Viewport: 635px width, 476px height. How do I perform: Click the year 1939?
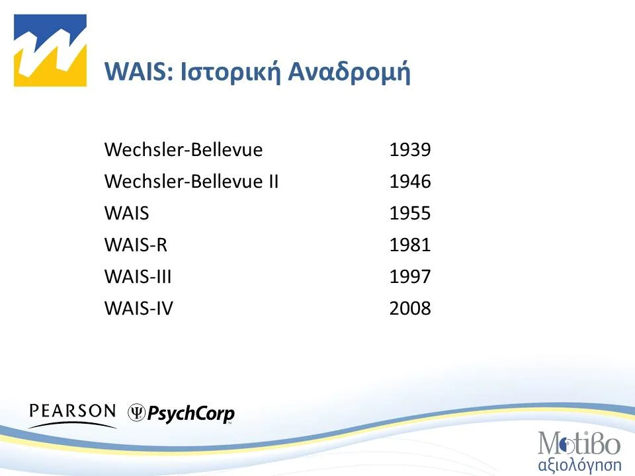[410, 150]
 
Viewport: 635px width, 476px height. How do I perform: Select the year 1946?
[410, 182]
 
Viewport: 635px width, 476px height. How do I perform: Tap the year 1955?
[410, 214]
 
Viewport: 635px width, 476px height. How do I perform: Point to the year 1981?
[410, 245]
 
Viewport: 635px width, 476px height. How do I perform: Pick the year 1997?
[410, 276]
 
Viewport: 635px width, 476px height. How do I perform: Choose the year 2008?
[410, 308]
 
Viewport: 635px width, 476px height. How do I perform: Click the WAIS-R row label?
[136, 245]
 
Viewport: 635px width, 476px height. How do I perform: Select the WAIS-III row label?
[138, 276]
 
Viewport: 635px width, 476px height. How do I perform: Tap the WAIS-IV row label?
[139, 308]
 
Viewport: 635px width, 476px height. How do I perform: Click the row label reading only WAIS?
[126, 214]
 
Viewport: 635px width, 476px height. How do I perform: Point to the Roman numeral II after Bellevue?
[271, 182]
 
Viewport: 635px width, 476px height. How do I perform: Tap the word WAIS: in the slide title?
[139, 73]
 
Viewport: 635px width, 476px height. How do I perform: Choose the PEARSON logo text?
[72, 411]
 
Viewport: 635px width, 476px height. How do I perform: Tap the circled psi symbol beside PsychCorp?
[137, 413]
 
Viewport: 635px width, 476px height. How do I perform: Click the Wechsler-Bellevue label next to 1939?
[183, 150]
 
